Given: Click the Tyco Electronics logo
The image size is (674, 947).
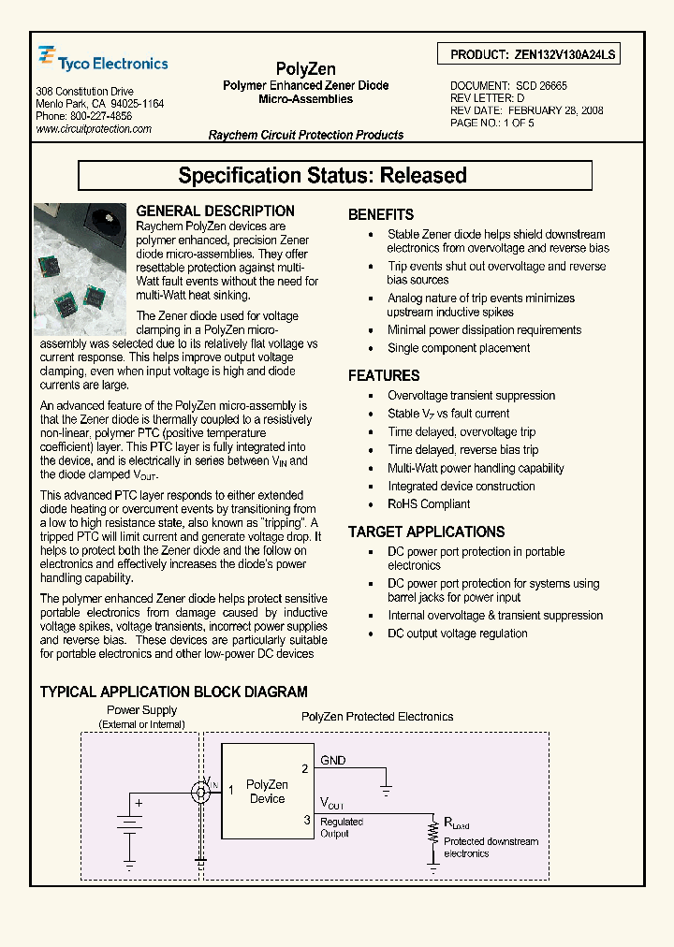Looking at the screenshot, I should [x=103, y=62].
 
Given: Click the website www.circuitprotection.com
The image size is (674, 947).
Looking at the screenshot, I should [x=94, y=129].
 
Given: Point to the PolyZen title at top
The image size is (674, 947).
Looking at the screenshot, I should [x=305, y=68].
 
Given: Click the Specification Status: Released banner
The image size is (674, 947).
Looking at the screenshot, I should [x=335, y=175].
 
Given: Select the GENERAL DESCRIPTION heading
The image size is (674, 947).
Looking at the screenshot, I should [x=215, y=211].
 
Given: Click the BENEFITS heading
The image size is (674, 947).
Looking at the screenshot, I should [x=381, y=214].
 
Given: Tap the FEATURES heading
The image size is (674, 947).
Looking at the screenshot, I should [x=384, y=375].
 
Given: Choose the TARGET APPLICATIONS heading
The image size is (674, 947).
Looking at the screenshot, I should [x=426, y=532].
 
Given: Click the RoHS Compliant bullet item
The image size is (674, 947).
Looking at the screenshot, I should [x=429, y=504].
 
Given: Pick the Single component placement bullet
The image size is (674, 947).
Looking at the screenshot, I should [x=459, y=348].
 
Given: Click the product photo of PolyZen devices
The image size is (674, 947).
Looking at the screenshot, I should [x=80, y=269].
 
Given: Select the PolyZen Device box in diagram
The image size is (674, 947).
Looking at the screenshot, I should [x=267, y=792].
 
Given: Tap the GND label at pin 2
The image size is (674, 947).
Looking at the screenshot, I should [x=333, y=761].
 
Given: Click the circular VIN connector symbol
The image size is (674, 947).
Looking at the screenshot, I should [x=199, y=793].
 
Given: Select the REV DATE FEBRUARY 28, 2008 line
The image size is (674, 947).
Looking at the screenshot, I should [x=526, y=109].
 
